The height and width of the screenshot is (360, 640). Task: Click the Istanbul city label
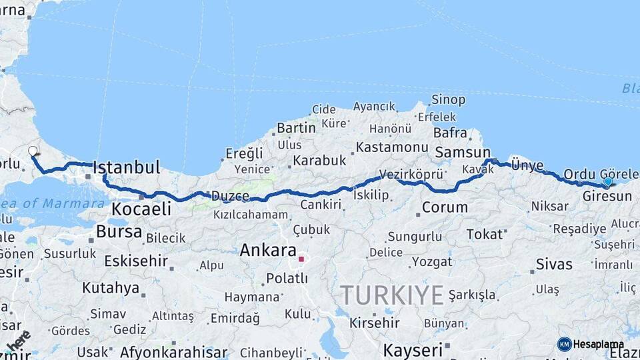click(127, 167)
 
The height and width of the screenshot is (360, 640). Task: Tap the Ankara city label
click(267, 251)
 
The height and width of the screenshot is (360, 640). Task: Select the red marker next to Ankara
click(301, 259)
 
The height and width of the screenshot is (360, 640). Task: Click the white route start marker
click(33, 151)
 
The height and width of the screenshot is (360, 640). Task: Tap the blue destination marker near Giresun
click(607, 181)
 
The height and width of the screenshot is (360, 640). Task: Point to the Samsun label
click(463, 153)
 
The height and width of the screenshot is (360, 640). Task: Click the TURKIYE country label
click(391, 295)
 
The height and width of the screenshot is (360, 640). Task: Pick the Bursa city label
click(119, 232)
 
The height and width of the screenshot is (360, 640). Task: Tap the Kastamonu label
click(391, 147)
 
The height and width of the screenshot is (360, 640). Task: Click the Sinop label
click(449, 99)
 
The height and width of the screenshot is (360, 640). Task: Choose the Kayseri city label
click(413, 350)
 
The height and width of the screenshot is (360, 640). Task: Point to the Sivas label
click(555, 264)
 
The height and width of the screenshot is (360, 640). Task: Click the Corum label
click(445, 207)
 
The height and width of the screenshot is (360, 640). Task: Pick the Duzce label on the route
click(230, 196)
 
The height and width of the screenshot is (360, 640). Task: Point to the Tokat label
click(485, 234)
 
